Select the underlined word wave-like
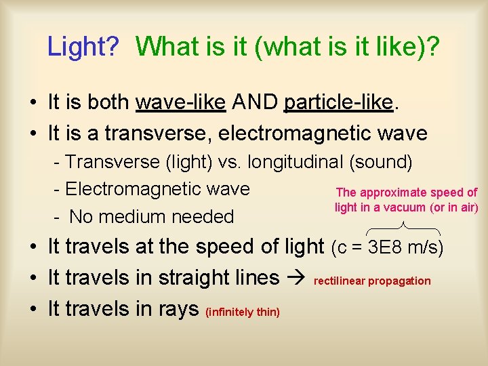tap(181, 102)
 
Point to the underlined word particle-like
tap(339, 102)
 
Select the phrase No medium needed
tap(151, 217)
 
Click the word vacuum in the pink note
tap(406, 208)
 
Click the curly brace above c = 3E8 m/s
tap(403, 227)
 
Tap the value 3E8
tap(386, 248)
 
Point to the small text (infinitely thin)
tap(243, 312)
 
